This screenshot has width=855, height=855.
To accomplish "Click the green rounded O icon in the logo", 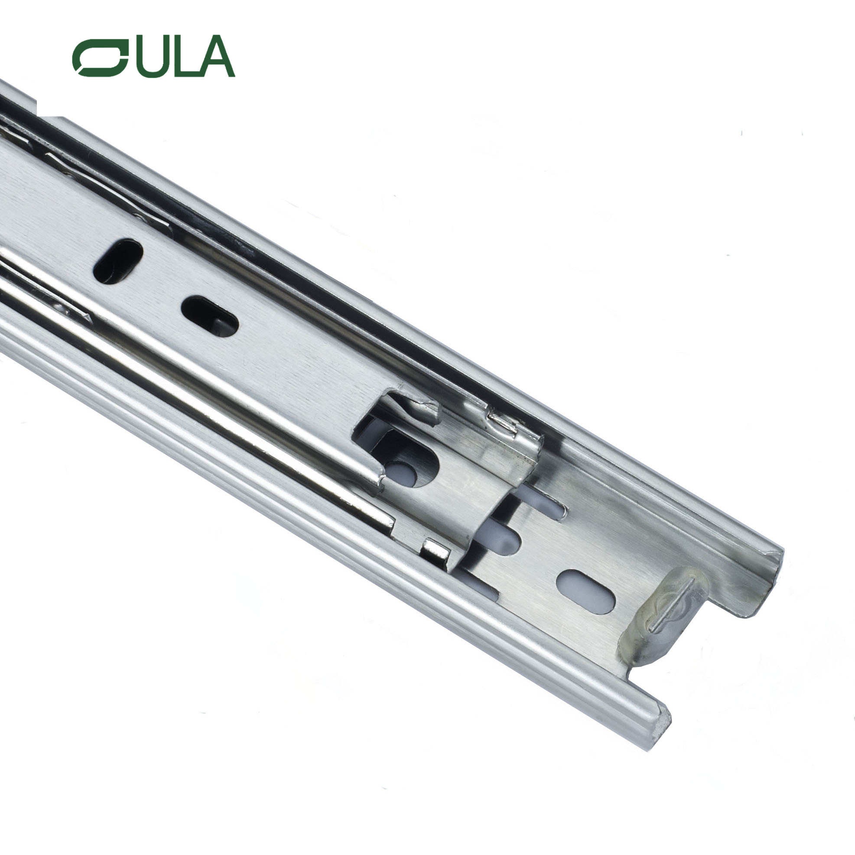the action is (x=101, y=58).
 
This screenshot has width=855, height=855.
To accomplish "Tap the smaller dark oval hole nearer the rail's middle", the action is (x=210, y=316).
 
